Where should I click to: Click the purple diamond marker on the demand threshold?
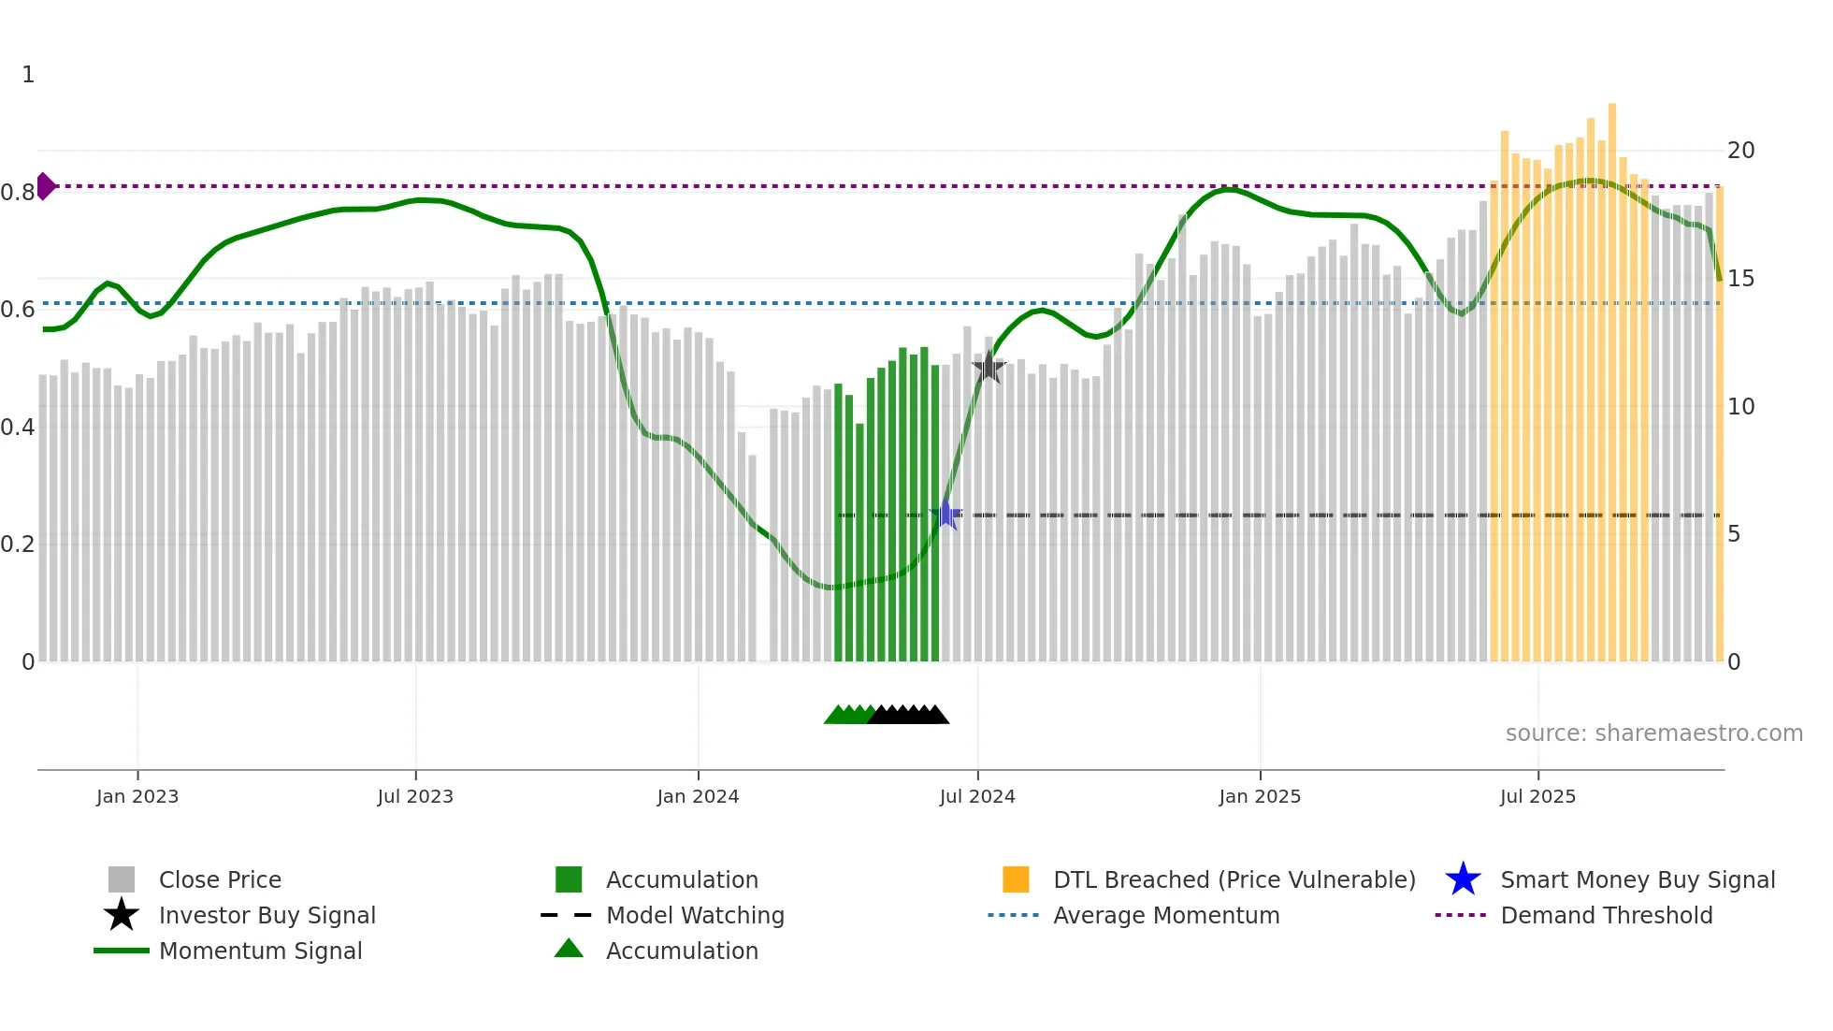tap(45, 186)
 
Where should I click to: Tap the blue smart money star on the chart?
tap(946, 515)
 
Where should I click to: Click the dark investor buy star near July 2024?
tap(989, 368)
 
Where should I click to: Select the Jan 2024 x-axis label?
tap(698, 796)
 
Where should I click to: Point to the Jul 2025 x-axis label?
tap(1537, 796)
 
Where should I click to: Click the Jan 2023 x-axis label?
tap(137, 796)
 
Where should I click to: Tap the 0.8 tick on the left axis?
tap(18, 193)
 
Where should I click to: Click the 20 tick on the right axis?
tap(1740, 151)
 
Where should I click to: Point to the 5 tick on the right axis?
tap(1734, 534)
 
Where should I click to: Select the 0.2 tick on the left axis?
tap(18, 545)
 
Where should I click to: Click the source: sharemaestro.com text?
tap(1653, 733)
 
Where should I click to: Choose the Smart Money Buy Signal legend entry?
tap(1637, 879)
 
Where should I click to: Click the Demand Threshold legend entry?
tap(1606, 915)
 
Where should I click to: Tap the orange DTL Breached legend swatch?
tap(1016, 879)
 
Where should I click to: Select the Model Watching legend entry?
tap(694, 915)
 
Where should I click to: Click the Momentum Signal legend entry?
tap(260, 951)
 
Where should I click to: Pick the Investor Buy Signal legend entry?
tap(267, 915)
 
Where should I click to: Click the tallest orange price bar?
tap(1612, 374)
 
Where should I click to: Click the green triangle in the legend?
tap(569, 949)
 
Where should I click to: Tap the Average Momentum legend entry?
tap(1165, 915)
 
